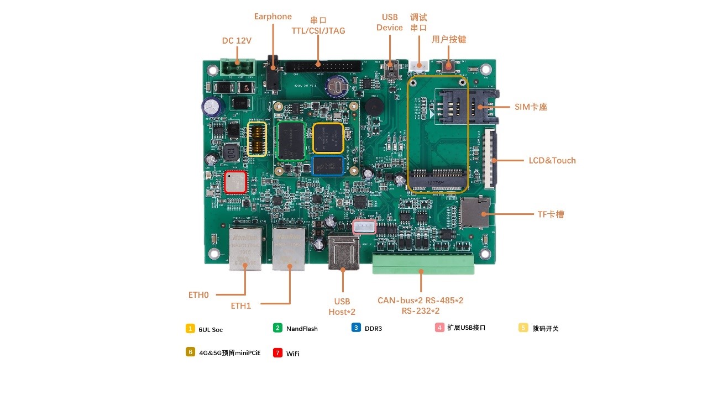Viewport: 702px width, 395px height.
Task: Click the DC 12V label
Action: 237,41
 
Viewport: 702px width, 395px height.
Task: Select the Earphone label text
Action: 273,17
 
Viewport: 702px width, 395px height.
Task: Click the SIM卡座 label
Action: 531,107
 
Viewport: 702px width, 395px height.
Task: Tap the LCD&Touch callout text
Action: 552,161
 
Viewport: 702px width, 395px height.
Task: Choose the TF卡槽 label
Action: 551,214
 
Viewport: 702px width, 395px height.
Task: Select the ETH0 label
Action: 198,295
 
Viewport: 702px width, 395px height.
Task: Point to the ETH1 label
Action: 241,306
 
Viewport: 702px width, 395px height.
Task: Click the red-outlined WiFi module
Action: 235,182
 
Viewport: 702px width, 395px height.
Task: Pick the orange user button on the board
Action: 449,66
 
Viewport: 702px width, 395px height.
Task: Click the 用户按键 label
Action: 449,40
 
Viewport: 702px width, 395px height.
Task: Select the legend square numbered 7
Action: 277,352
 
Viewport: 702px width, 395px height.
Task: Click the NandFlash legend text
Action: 302,329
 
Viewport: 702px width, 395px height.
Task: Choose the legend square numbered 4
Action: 439,328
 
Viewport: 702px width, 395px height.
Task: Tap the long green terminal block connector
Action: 423,264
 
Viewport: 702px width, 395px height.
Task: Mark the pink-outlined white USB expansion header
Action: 364,227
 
